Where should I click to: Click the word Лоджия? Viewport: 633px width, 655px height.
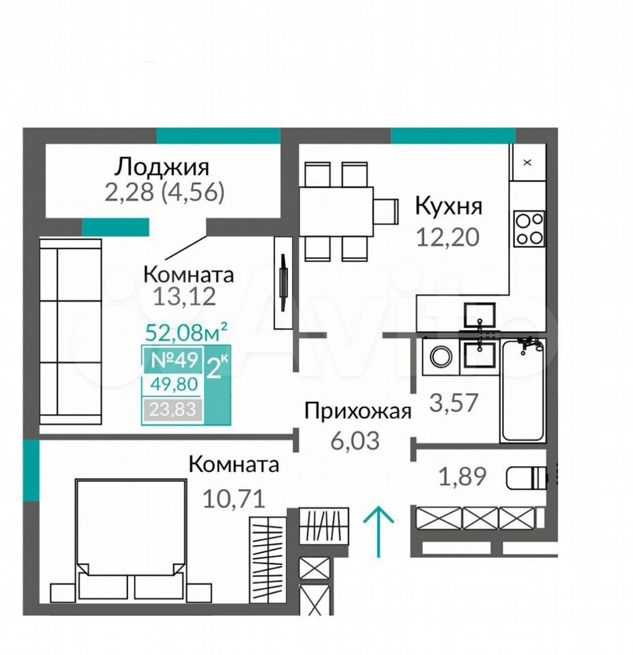pos(162,168)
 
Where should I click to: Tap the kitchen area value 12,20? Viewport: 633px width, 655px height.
pos(447,237)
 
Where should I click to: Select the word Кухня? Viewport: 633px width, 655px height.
pos(448,206)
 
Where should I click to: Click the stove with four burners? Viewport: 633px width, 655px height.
pos(529,229)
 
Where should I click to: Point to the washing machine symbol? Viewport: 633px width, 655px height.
pos(441,356)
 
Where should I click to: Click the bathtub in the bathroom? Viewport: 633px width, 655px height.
pos(522,390)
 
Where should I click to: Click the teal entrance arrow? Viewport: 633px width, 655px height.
pos(379,532)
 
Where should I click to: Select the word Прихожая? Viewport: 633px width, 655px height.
pos(358,411)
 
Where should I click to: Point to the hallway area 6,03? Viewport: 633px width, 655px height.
pos(355,441)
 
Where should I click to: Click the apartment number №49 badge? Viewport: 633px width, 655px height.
pos(174,360)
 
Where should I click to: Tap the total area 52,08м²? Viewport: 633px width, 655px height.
pos(186,332)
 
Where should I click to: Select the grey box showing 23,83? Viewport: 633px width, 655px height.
pos(173,409)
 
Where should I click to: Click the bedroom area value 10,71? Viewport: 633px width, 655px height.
pos(234,499)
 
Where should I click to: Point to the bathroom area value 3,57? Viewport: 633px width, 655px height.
pos(454,403)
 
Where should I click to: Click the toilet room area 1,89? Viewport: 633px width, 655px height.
pos(462,477)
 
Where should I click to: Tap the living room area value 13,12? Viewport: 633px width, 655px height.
pos(185,297)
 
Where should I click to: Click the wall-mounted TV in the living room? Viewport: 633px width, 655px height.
pos(284,282)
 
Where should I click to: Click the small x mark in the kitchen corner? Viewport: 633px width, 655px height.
pos(527,162)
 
